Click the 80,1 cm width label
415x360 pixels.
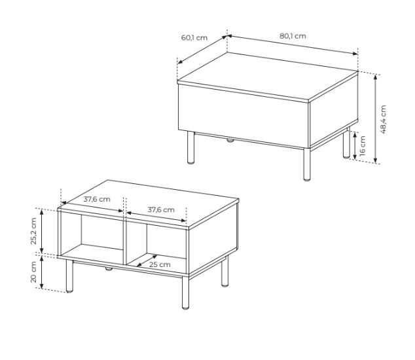293,36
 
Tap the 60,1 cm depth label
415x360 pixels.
194,37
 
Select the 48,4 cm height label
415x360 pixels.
383,119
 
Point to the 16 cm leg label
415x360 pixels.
363,145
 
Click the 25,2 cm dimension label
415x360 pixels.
33,231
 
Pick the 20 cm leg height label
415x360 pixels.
33,272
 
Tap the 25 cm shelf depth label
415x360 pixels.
160,264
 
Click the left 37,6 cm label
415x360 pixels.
97,199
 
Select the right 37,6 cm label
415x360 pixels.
161,210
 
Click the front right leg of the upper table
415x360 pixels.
307,164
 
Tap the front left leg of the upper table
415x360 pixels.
190,147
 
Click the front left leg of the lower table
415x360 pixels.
69,276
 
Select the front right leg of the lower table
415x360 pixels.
185,293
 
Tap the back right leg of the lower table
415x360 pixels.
225,272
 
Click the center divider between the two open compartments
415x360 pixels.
125,242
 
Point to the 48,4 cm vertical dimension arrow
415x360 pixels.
375,118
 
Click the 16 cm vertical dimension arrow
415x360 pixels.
355,145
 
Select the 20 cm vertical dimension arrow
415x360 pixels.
41,272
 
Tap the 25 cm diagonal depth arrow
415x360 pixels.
147,261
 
